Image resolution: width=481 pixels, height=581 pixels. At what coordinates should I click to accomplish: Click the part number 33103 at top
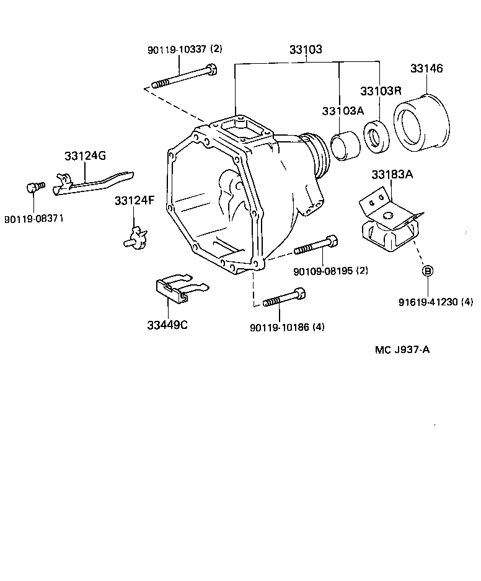(x=306, y=50)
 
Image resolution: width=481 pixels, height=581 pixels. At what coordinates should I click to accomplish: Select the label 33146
(x=426, y=69)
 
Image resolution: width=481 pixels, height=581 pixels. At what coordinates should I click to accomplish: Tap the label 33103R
(x=386, y=90)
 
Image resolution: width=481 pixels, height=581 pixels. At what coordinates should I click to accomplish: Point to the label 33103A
(x=342, y=111)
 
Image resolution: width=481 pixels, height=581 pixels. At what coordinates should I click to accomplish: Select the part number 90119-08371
(x=34, y=219)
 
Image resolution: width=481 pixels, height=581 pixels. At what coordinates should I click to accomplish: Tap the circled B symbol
(x=427, y=271)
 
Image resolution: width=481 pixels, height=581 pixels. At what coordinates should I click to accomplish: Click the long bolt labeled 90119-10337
(x=184, y=77)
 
